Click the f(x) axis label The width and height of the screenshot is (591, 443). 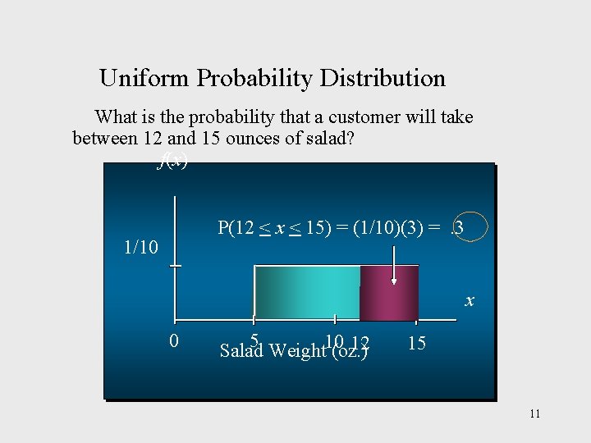(x=172, y=160)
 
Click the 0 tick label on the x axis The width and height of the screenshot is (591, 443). (x=174, y=340)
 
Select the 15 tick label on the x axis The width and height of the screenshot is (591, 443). (x=416, y=343)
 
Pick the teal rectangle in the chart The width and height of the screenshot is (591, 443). (x=307, y=291)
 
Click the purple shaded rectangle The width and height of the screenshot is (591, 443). (x=389, y=291)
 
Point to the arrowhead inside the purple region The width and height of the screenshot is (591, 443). (x=394, y=281)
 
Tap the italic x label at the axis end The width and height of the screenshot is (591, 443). (x=470, y=300)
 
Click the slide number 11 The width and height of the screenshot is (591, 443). (x=534, y=413)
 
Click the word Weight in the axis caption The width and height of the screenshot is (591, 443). (x=296, y=351)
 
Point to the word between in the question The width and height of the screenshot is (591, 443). (x=103, y=138)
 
